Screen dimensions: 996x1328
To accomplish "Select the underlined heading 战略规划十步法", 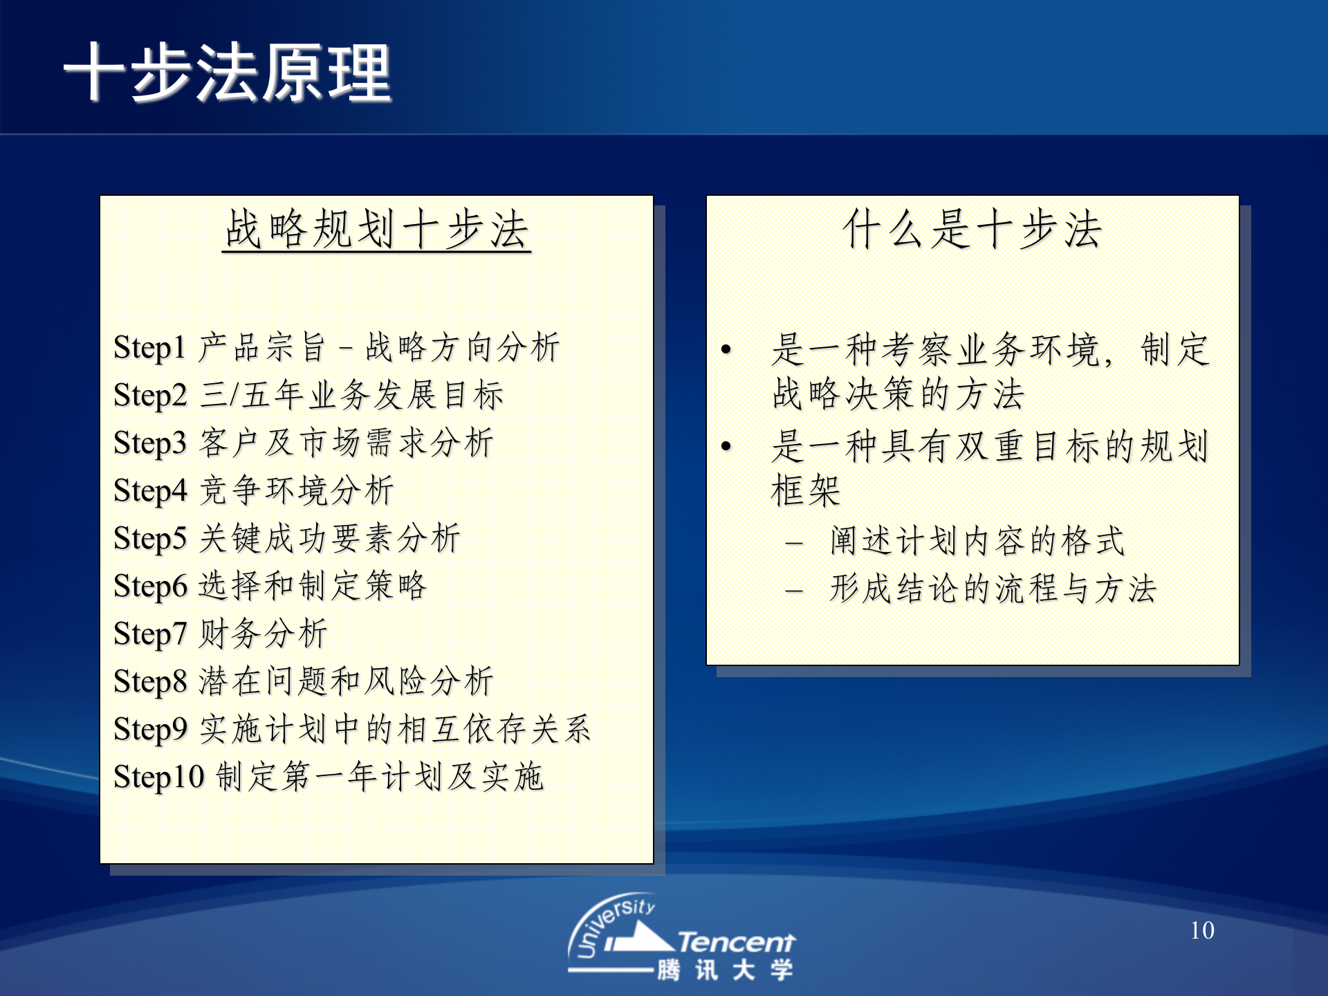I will click(x=376, y=230).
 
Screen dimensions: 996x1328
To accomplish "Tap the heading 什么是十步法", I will click(x=972, y=230).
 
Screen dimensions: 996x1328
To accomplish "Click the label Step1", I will click(x=149, y=348).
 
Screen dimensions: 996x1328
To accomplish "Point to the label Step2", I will click(x=150, y=396).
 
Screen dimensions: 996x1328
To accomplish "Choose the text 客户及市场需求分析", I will click(x=347, y=443).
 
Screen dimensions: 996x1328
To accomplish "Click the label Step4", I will click(x=150, y=491).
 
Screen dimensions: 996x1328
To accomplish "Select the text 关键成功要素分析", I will click(x=330, y=539).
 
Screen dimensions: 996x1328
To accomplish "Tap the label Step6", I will click(x=150, y=587).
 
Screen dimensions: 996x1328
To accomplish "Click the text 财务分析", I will click(x=264, y=634).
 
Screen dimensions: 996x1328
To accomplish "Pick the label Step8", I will click(x=150, y=682).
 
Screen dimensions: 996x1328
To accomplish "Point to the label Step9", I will click(x=150, y=730).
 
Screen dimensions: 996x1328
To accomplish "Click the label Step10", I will click(x=158, y=777).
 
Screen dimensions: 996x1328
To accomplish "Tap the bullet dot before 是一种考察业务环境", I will click(x=726, y=350).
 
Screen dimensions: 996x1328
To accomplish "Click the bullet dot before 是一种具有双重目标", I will click(x=726, y=447).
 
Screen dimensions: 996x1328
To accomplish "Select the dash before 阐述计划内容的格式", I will click(x=794, y=544).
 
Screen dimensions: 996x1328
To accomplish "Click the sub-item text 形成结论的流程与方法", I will click(x=993, y=590).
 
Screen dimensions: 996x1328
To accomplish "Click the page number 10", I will click(x=1202, y=931).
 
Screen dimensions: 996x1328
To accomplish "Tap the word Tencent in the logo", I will click(x=736, y=943).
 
